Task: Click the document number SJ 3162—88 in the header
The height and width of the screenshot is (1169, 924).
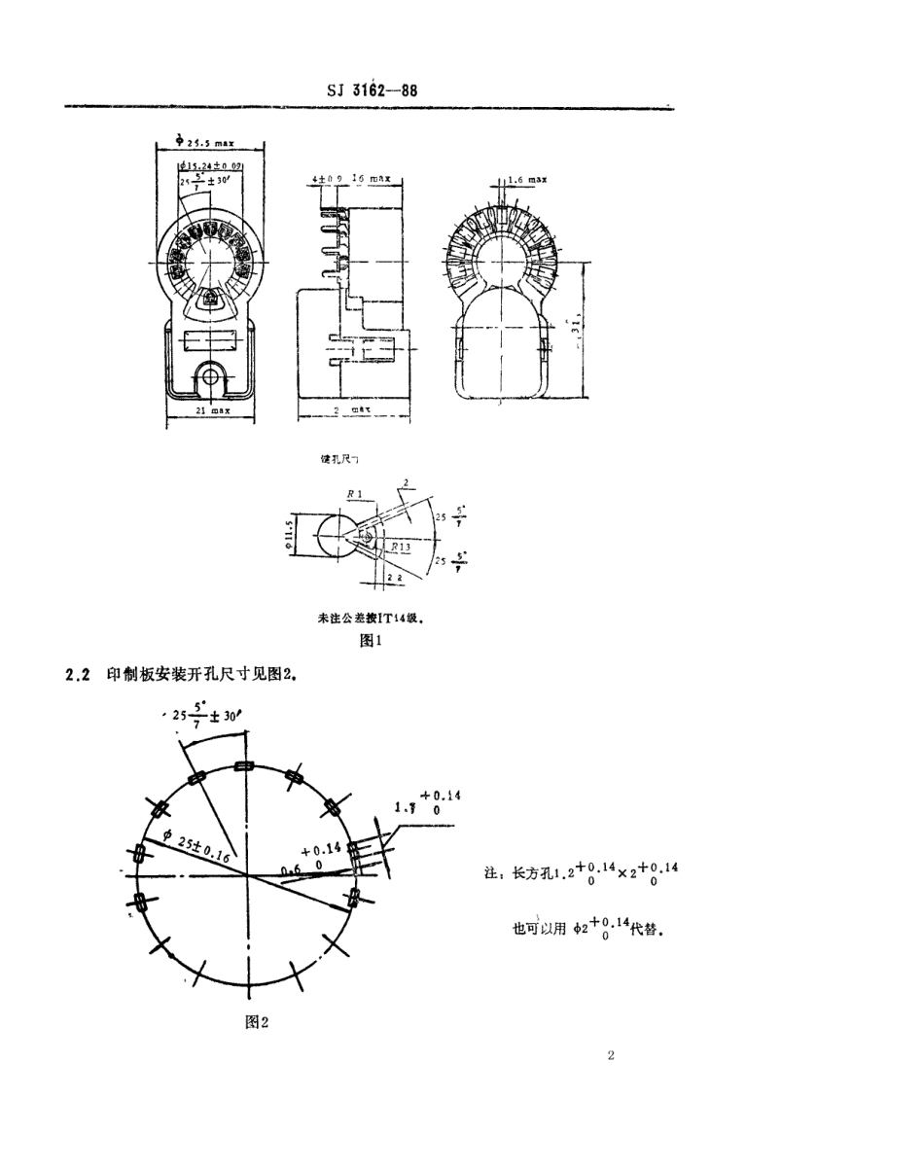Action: click(x=373, y=92)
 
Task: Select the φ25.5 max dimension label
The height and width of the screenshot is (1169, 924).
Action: click(x=207, y=142)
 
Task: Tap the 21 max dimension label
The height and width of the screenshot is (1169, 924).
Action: click(x=211, y=411)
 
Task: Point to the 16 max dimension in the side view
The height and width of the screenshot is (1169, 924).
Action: click(x=371, y=179)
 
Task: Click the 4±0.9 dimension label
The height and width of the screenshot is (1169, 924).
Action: click(x=328, y=179)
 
